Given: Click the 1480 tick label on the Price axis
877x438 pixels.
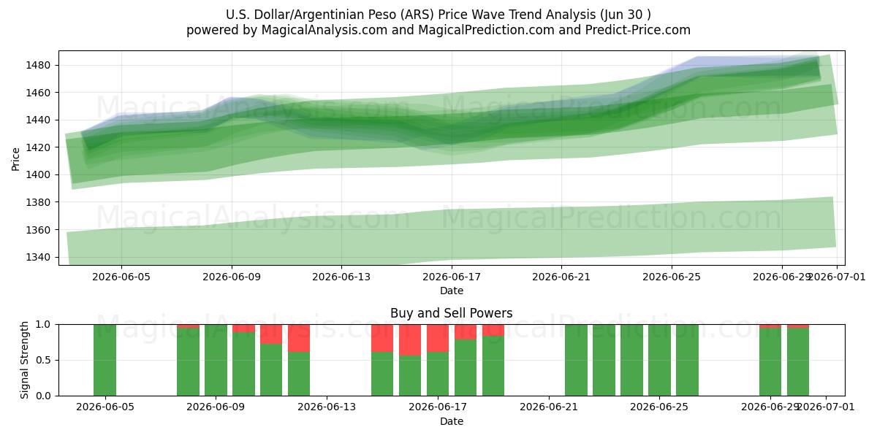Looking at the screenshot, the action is pos(38,65).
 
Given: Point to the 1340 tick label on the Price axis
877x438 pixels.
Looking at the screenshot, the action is pos(38,257).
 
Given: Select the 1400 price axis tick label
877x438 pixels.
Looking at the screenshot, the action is pos(38,174).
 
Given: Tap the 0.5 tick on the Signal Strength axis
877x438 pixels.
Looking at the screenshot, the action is pos(43,360).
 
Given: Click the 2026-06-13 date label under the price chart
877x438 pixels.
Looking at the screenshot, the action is pos(341,277).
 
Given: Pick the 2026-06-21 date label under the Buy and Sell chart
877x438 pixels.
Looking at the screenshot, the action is pos(549,407).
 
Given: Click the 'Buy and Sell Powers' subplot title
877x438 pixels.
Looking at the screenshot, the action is pos(452,313).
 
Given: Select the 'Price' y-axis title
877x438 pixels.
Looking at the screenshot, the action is pos(15,159).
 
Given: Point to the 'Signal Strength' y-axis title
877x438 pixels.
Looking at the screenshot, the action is pos(24,360).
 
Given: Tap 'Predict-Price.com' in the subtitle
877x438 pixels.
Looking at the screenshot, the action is pos(638,30).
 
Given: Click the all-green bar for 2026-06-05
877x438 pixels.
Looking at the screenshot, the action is pos(105,360).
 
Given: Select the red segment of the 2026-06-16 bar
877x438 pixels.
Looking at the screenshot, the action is pos(410,340).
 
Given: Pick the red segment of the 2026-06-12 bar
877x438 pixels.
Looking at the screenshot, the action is pos(299,338).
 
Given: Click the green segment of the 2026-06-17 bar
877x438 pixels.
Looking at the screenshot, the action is pos(438,374).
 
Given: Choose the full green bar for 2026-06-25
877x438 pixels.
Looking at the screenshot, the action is pos(660,360).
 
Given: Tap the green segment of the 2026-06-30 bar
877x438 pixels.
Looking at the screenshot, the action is pos(798,362).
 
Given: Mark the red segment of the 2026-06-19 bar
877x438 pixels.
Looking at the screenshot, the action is pos(493,330).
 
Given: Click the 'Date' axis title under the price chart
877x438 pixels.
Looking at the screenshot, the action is pos(452,291).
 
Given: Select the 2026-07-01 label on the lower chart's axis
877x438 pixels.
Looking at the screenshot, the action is pos(826,407).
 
